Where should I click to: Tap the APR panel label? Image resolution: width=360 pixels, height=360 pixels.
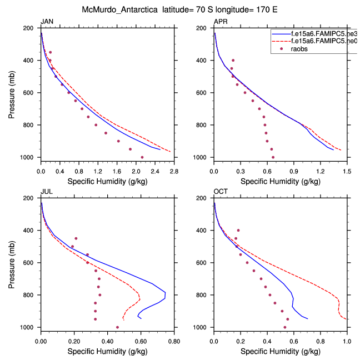(221, 22)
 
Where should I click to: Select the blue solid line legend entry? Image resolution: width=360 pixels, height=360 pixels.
(314, 34)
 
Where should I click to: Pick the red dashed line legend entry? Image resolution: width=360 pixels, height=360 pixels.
(314, 41)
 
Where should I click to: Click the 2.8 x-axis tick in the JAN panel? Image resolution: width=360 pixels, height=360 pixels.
(174, 173)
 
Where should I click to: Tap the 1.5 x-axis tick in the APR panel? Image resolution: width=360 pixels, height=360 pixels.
(347, 173)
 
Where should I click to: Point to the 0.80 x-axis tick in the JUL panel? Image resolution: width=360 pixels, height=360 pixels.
(174, 343)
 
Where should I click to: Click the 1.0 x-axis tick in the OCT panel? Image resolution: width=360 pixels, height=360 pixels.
(347, 343)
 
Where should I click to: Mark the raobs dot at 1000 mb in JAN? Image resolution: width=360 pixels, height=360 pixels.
(142, 157)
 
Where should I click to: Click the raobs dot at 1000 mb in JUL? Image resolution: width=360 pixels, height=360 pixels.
(117, 327)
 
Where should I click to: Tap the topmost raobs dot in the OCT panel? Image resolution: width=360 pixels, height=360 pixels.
(238, 230)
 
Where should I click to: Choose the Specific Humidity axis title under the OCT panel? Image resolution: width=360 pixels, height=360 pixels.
(280, 352)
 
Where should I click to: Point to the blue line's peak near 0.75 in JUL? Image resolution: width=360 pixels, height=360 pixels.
(165, 293)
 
